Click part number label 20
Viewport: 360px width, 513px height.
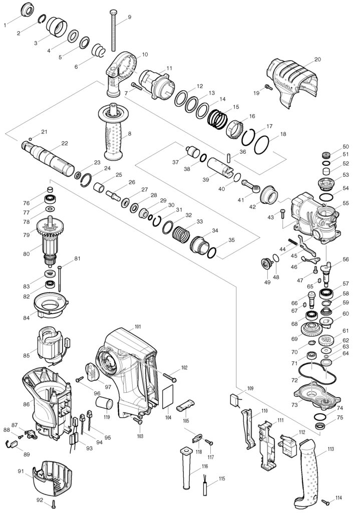pyautogui.click(x=317, y=60)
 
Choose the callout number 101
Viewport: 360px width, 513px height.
pyautogui.click(x=138, y=327)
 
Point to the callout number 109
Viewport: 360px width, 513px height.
pyautogui.click(x=250, y=389)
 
